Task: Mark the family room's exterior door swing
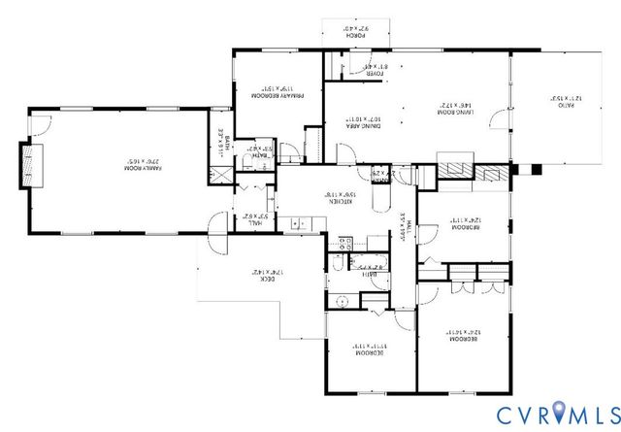[39, 123]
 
